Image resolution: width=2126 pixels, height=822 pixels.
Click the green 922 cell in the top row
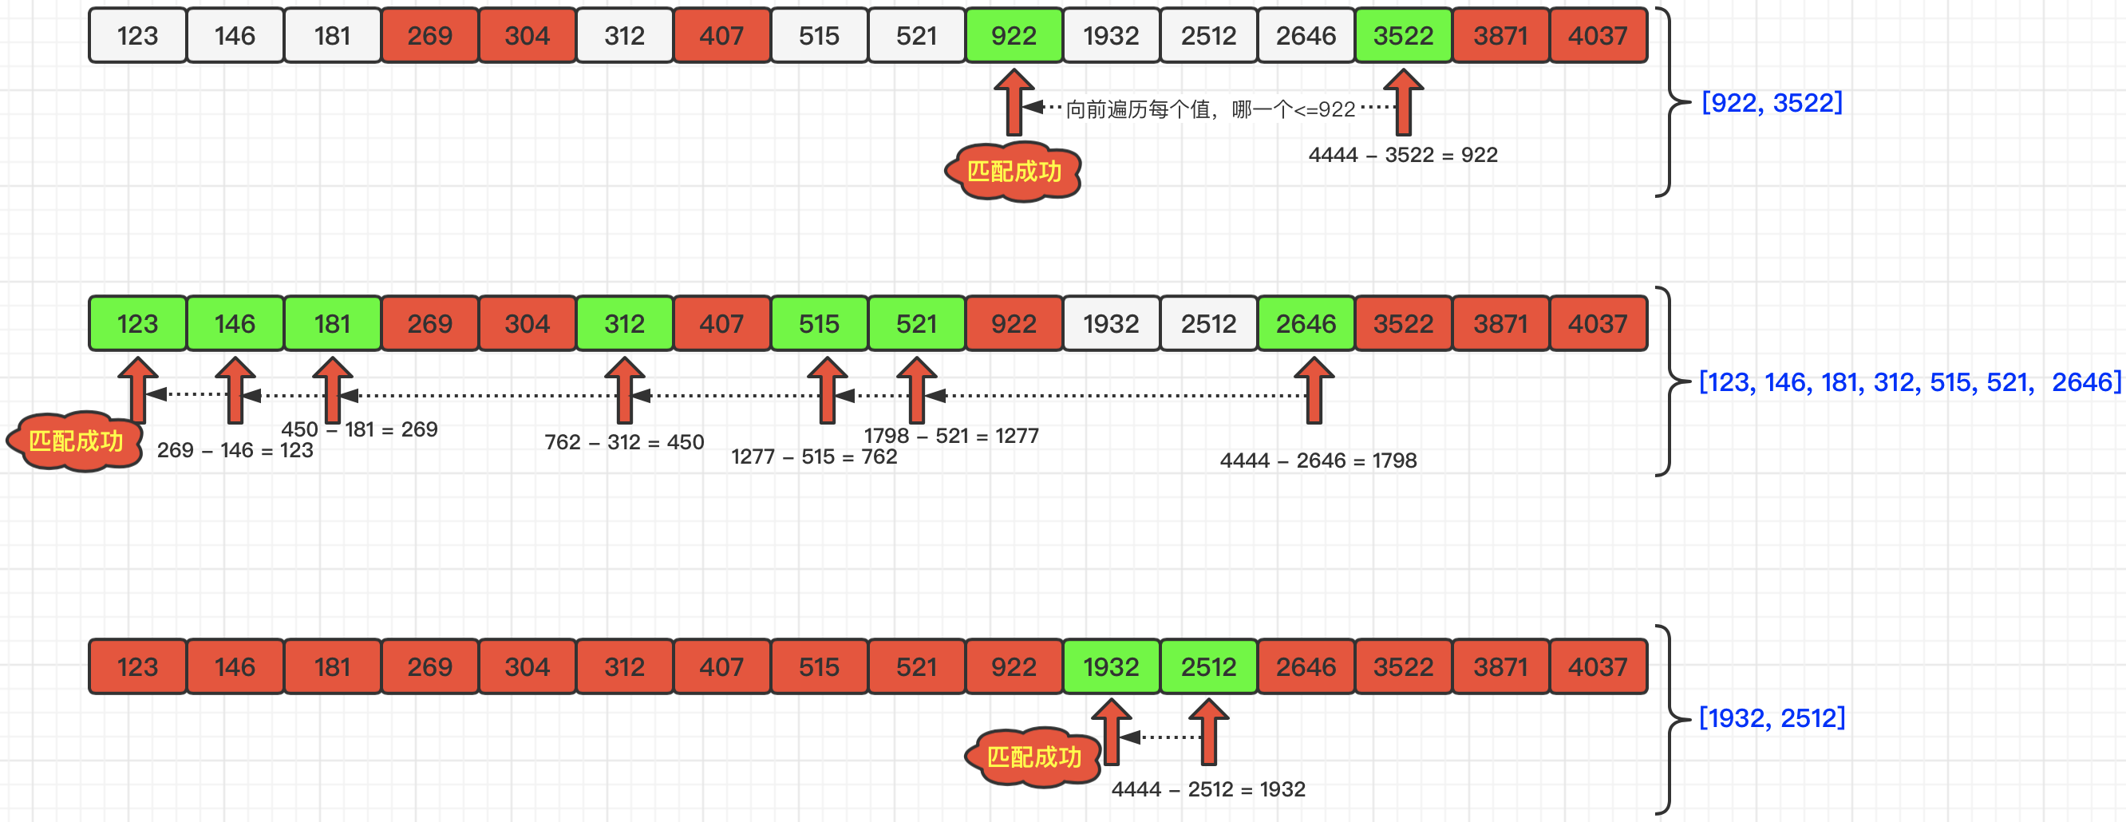(1014, 35)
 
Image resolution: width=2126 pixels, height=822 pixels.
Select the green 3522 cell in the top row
(1403, 35)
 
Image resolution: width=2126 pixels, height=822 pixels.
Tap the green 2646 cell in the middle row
(1306, 323)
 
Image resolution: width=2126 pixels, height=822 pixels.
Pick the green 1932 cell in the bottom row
(1111, 666)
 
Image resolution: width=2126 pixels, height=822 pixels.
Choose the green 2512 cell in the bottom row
(1208, 666)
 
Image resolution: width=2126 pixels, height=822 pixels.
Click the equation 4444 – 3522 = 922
(1402, 155)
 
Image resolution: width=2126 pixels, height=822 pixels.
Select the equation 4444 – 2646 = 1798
(1318, 460)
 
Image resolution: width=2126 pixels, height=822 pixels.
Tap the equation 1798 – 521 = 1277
(950, 436)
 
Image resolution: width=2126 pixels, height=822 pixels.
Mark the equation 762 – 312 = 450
(624, 442)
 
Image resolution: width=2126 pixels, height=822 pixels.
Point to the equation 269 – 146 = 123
(235, 451)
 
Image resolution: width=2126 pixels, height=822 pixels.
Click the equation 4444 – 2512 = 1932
(1208, 790)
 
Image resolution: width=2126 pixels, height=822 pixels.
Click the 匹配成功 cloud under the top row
(1014, 172)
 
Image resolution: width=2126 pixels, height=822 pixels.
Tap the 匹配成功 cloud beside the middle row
(75, 441)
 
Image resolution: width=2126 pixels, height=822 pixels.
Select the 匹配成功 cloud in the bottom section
(1033, 757)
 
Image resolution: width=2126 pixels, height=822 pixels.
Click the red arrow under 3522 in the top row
(1403, 103)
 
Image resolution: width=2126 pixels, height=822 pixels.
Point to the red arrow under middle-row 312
(624, 389)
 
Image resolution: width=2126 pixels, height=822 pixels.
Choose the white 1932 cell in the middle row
(1111, 323)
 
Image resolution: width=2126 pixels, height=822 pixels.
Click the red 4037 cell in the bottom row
(1598, 666)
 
